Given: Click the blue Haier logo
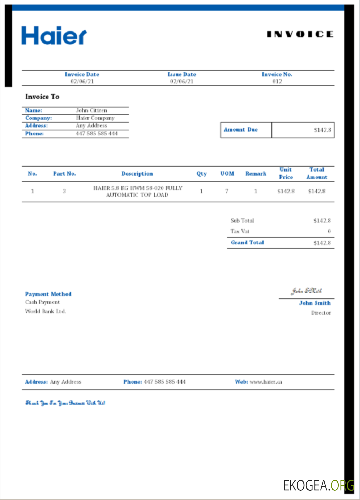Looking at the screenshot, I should pyautogui.click(x=54, y=36).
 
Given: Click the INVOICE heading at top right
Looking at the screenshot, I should pyautogui.click(x=300, y=34).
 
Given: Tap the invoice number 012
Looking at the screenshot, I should pyautogui.click(x=277, y=81).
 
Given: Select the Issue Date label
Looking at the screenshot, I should pyautogui.click(x=182, y=74).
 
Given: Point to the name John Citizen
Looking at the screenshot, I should pyautogui.click(x=91, y=110).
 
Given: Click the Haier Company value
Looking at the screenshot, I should pyautogui.click(x=95, y=118).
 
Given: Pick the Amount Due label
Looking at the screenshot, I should pyautogui.click(x=241, y=130).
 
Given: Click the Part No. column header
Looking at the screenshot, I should pyautogui.click(x=64, y=174).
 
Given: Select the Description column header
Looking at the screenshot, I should pyautogui.click(x=137, y=174).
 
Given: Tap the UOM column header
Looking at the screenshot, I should pyautogui.click(x=227, y=174).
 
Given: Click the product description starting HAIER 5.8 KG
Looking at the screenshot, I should pyautogui.click(x=138, y=192).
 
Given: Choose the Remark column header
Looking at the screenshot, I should pyautogui.click(x=256, y=174).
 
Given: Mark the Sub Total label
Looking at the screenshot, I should pyautogui.click(x=242, y=220).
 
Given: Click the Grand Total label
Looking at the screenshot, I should pyautogui.click(x=247, y=243).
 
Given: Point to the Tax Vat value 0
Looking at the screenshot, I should pyautogui.click(x=329, y=231).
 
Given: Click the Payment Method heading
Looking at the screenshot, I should pyautogui.click(x=48, y=294).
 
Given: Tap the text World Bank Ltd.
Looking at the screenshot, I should pyautogui.click(x=45, y=311).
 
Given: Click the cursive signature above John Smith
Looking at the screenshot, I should pyautogui.click(x=307, y=291).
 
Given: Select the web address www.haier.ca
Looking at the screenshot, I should pyautogui.click(x=266, y=382).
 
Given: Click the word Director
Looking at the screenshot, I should pyautogui.click(x=321, y=313).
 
